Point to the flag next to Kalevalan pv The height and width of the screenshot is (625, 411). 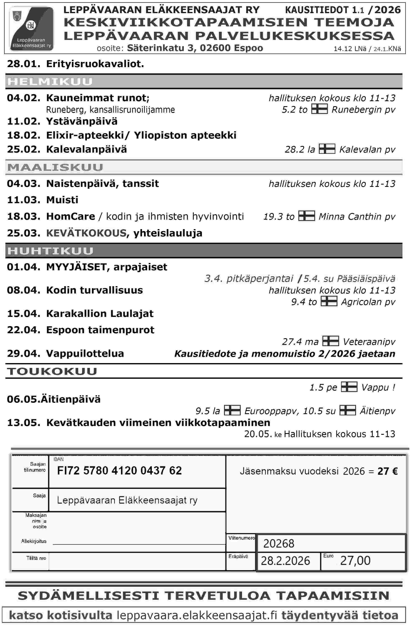[x=327, y=149]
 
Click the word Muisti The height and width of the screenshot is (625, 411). [x=62, y=200]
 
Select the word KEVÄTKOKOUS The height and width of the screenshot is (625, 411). [x=86, y=233]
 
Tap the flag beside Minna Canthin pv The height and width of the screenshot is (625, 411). [x=307, y=216]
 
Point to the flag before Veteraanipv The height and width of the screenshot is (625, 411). [x=330, y=341]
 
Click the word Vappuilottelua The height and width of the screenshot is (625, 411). [x=85, y=353]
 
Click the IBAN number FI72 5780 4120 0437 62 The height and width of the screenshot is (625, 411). [x=120, y=471]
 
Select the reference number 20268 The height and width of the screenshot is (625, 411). [x=279, y=543]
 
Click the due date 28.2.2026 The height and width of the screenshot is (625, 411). [x=285, y=561]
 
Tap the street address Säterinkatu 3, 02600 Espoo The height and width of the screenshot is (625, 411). [x=195, y=48]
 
